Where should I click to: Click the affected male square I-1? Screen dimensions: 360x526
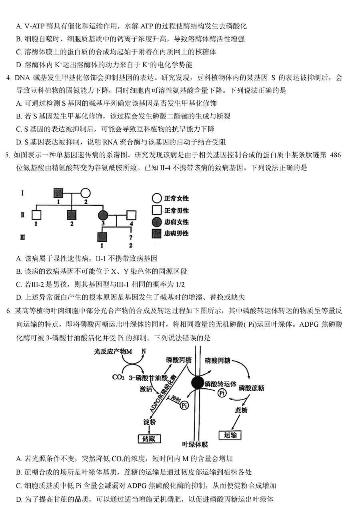click(x=58, y=193)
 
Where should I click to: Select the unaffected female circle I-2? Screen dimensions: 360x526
click(x=86, y=193)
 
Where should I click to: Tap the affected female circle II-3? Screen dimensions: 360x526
click(x=103, y=215)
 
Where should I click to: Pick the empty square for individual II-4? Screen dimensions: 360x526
click(x=132, y=215)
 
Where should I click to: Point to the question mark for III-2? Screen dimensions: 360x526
click(x=130, y=237)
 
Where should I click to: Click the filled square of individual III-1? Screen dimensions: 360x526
click(x=102, y=237)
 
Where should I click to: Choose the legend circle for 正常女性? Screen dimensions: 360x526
click(x=156, y=198)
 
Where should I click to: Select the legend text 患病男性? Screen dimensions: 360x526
click(x=176, y=233)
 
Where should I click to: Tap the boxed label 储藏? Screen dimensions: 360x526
click(x=149, y=439)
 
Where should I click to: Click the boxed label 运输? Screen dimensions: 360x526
click(x=230, y=435)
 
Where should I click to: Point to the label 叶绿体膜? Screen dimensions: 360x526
click(x=195, y=444)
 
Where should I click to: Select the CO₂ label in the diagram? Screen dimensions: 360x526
click(x=118, y=377)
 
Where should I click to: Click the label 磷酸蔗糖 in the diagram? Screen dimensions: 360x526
click(x=251, y=388)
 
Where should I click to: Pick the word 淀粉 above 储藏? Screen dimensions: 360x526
click(x=150, y=422)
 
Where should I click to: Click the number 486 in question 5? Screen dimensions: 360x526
click(x=335, y=155)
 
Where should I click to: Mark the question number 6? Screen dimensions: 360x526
click(x=8, y=311)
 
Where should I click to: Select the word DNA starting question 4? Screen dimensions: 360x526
click(x=22, y=78)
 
